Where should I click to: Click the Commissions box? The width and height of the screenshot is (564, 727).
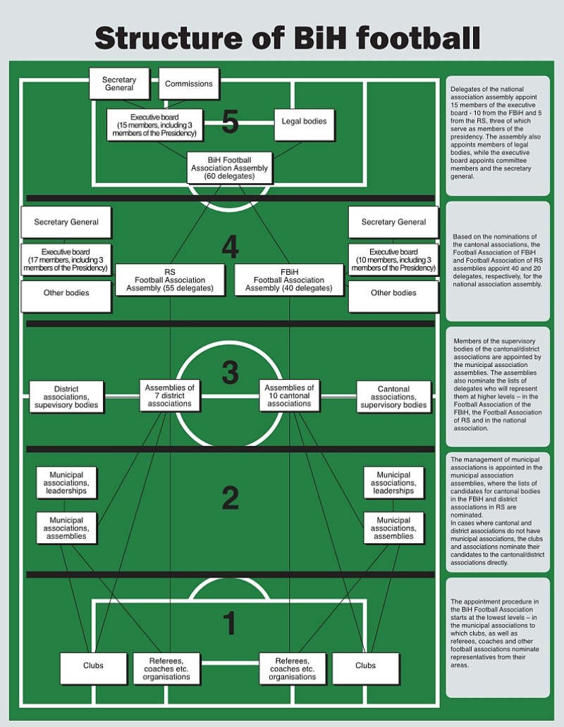[189, 83]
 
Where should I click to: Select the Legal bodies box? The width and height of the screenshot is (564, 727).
[305, 124]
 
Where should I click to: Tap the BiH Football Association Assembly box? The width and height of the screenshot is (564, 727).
[230, 168]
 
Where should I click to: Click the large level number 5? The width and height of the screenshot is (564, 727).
[230, 121]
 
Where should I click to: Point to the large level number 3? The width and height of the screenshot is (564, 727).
[230, 372]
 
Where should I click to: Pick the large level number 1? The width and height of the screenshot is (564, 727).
[230, 623]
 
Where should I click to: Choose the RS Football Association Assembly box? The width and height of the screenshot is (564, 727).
[170, 280]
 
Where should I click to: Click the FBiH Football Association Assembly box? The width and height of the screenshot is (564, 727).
[289, 280]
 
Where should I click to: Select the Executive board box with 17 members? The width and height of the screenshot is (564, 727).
[66, 260]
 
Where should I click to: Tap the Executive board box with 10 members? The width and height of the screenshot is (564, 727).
[393, 260]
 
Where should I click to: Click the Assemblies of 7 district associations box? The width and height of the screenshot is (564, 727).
[170, 395]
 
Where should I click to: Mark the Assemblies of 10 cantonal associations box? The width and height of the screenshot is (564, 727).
[289, 395]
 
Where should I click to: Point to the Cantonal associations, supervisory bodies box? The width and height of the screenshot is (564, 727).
[393, 397]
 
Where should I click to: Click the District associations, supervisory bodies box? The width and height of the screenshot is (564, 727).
[66, 397]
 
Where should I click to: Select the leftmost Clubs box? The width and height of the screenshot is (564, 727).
[93, 668]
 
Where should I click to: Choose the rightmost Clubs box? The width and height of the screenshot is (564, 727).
[365, 668]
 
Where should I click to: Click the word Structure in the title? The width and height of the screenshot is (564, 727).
[168, 38]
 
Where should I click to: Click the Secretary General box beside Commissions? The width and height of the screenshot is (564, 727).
[119, 83]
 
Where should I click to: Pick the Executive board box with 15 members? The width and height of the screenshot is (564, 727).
[154, 125]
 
